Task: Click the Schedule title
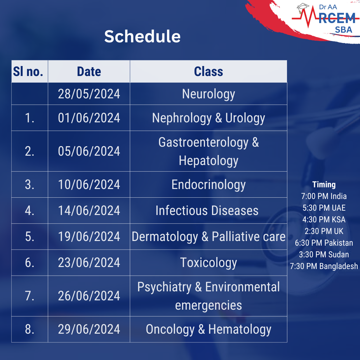(x=142, y=36)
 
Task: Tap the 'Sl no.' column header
(x=28, y=71)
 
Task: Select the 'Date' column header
(x=89, y=71)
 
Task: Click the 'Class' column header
(x=208, y=71)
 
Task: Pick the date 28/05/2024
(x=89, y=94)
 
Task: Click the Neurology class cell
(x=208, y=94)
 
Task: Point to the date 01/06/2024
(x=89, y=118)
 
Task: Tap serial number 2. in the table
(x=30, y=151)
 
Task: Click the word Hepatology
(x=208, y=160)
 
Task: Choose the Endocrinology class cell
(x=208, y=185)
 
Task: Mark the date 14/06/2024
(x=89, y=211)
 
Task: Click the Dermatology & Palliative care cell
(x=208, y=237)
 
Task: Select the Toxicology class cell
(x=208, y=263)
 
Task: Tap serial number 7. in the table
(x=30, y=296)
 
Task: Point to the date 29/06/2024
(x=89, y=329)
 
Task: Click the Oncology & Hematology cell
(x=208, y=329)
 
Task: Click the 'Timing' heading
(x=324, y=185)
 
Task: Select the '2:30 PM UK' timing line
(x=324, y=231)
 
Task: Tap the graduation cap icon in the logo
(x=303, y=8)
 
